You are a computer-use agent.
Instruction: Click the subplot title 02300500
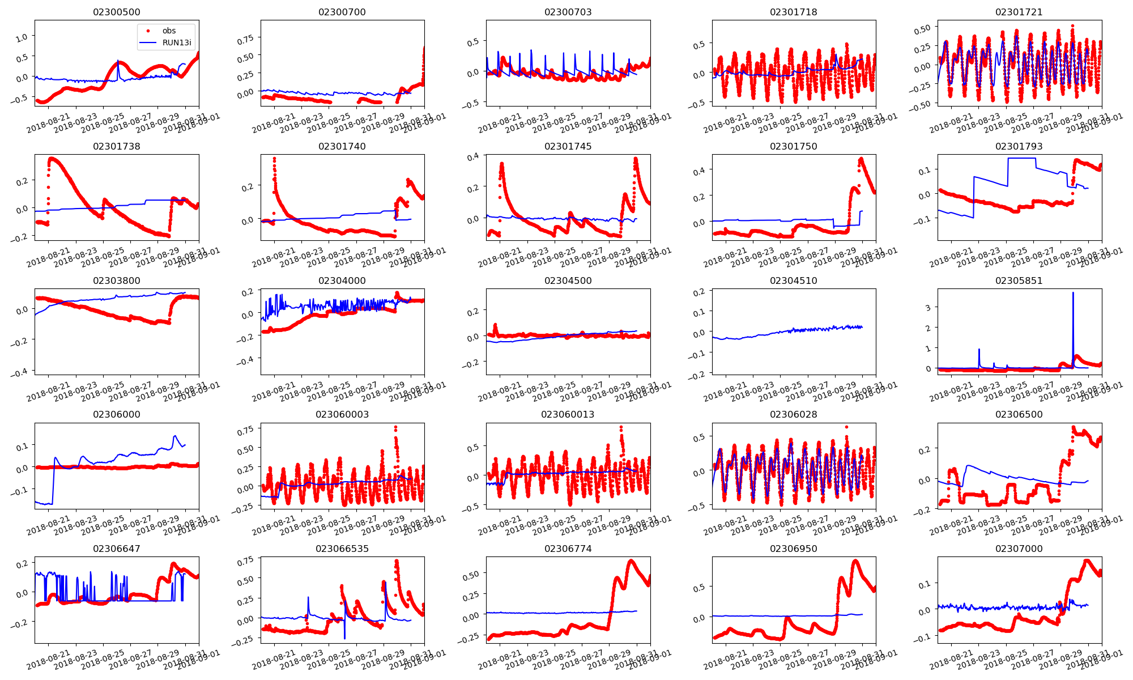point(117,12)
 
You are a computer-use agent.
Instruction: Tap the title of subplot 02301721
point(1019,12)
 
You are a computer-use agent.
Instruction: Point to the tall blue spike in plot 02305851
point(1073,294)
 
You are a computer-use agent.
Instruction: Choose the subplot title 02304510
point(794,280)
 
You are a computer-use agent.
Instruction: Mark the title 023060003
point(342,414)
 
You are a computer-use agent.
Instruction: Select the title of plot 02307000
point(1019,549)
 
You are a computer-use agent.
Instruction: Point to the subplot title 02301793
point(1019,146)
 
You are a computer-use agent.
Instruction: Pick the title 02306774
point(568,549)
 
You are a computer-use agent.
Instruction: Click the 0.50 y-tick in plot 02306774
point(471,573)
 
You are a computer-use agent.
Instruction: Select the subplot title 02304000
point(342,280)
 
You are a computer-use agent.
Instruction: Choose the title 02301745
point(568,146)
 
